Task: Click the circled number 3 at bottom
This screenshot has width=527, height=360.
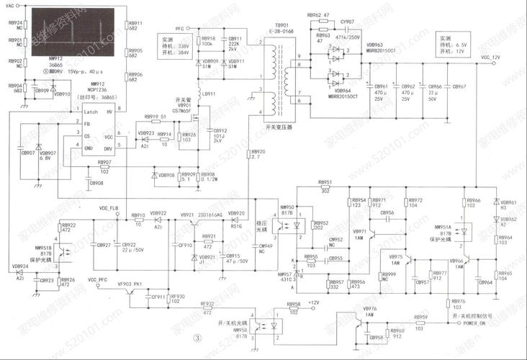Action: (x=194, y=338)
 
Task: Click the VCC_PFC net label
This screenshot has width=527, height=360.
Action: (x=97, y=279)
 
